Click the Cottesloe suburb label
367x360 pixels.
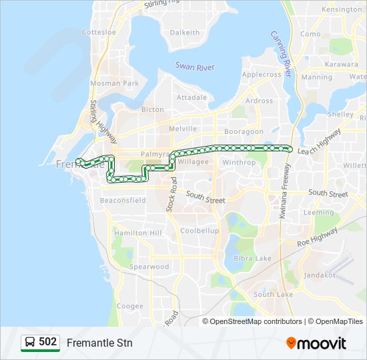coord(99,32)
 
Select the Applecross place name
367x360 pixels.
coord(262,75)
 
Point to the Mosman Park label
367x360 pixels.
coord(114,83)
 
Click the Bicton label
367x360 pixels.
coord(153,109)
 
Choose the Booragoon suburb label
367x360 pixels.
coord(244,131)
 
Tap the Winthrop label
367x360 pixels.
coord(239,162)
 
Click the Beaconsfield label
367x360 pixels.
coord(123,200)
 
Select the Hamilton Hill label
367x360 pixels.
coord(137,233)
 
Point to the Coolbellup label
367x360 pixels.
coord(200,231)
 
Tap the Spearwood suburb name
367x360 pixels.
coord(149,267)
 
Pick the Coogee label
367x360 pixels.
coord(130,306)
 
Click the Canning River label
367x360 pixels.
coord(282,53)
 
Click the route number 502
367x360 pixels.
coord(48,342)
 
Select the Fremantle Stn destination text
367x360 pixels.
coord(99,343)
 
